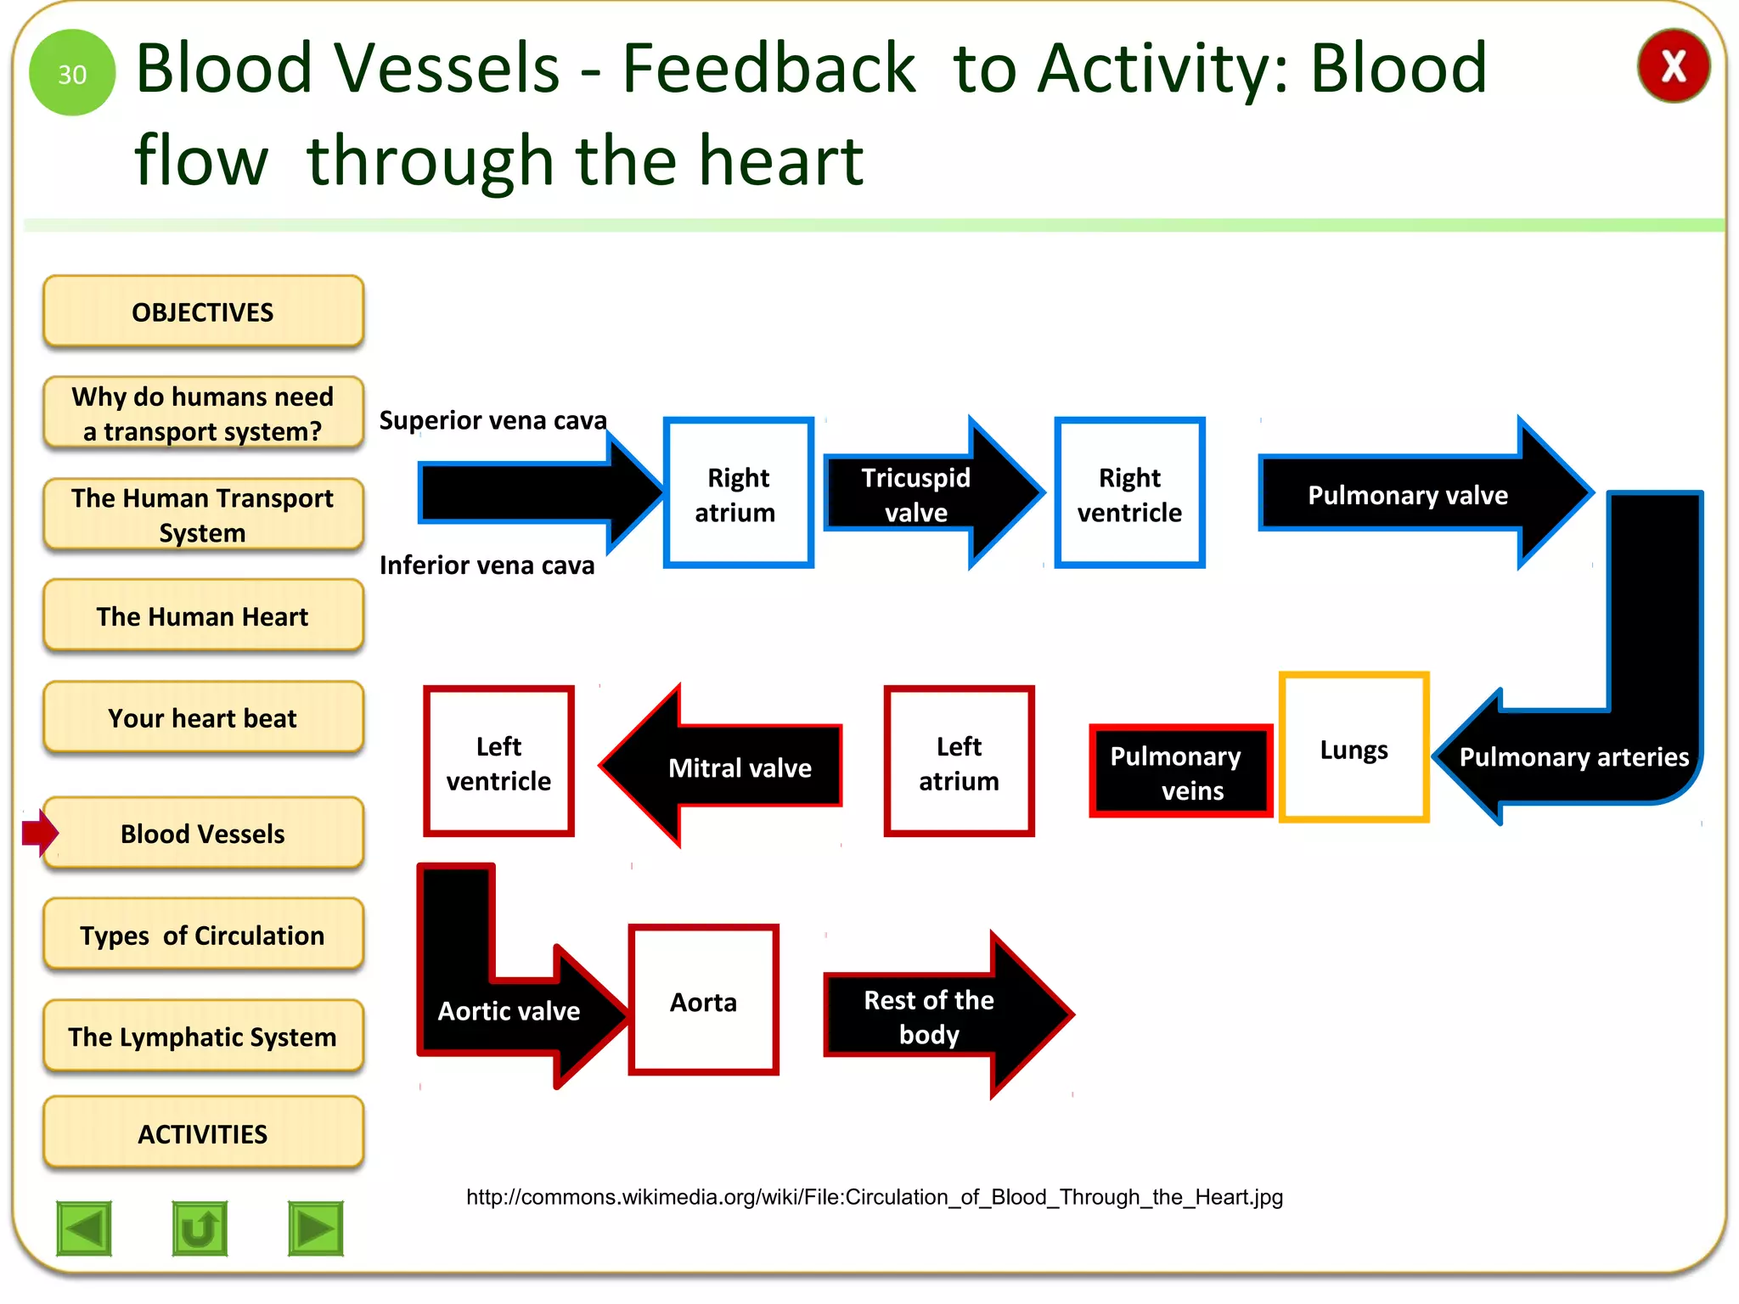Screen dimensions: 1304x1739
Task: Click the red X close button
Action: pyautogui.click(x=1673, y=66)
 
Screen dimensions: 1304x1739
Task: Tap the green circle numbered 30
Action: pyautogui.click(x=72, y=73)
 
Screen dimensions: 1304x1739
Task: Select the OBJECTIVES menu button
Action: pyautogui.click(x=203, y=312)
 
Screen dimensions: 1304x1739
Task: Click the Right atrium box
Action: pyautogui.click(x=738, y=493)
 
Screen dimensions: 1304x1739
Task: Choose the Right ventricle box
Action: pyautogui.click(x=1129, y=493)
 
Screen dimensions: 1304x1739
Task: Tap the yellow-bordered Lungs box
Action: pyautogui.click(x=1353, y=749)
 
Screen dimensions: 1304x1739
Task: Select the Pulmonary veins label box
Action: pyautogui.click(x=1180, y=772)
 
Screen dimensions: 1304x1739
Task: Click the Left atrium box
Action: pyautogui.click(x=959, y=762)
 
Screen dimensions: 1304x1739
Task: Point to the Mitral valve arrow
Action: pyautogui.click(x=730, y=767)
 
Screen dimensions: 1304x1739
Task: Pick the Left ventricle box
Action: pyautogui.click(x=498, y=762)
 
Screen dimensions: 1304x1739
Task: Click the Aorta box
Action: pyautogui.click(x=703, y=1001)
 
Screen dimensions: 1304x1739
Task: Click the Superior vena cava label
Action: pyautogui.click(x=492, y=420)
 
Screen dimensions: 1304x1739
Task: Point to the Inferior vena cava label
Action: pyautogui.click(x=487, y=565)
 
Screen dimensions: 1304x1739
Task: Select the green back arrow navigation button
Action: pyautogui.click(x=84, y=1228)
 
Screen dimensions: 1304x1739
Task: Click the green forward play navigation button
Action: pyautogui.click(x=315, y=1228)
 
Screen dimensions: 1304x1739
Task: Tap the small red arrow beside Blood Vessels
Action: pyautogui.click(x=39, y=833)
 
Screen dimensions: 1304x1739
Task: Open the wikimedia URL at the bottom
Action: pyautogui.click(x=874, y=1197)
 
